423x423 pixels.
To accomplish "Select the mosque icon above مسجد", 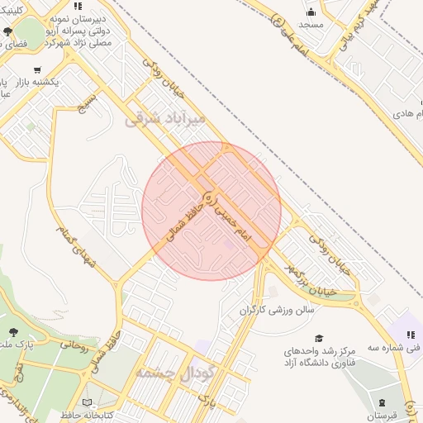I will (x=311, y=12).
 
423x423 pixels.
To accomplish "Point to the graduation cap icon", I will (x=318, y=338).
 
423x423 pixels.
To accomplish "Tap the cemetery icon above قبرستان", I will (x=382, y=403).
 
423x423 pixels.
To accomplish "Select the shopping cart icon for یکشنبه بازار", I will (x=37, y=70).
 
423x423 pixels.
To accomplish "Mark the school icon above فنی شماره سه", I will (x=411, y=334).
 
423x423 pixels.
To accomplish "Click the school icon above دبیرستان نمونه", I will (x=78, y=6).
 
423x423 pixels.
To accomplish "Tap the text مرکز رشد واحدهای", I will (x=325, y=351).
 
